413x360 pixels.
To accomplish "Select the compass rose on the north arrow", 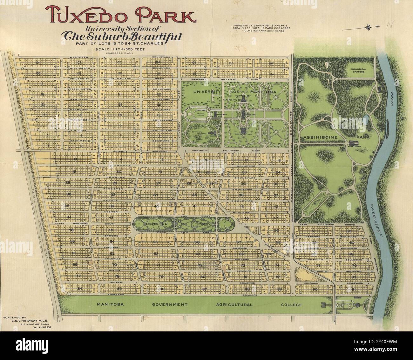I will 369,28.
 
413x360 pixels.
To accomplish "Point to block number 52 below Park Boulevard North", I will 349,231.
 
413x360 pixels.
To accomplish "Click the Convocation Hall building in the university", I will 243,130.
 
